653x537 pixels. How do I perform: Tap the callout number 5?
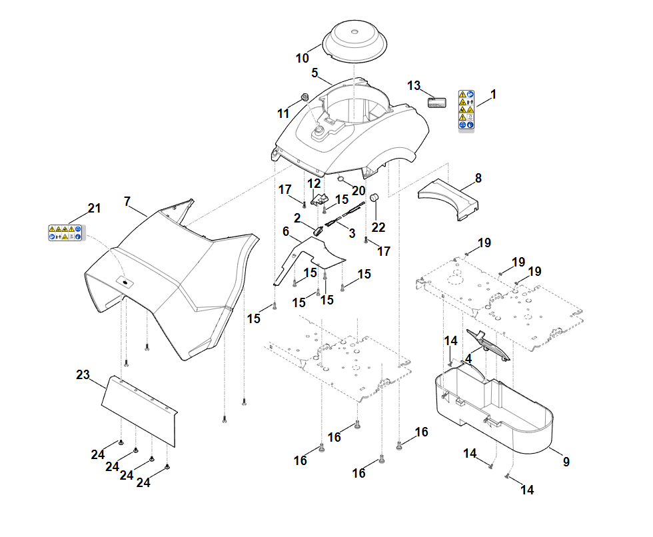[x=315, y=73]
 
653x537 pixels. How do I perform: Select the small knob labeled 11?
[x=305, y=98]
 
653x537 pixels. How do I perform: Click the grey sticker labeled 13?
[x=436, y=101]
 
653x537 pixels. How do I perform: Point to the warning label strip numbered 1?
[x=466, y=110]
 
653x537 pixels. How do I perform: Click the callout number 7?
[x=127, y=201]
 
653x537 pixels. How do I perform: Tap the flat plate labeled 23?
[x=138, y=410]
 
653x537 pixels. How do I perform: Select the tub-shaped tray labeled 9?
[x=493, y=413]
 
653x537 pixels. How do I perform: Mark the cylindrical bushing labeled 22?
[x=374, y=199]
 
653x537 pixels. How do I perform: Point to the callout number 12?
[x=314, y=183]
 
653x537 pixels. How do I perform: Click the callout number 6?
[x=286, y=231]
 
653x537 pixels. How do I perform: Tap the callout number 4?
[x=468, y=358]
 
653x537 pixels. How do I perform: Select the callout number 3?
[x=352, y=233]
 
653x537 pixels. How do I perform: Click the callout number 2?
[x=297, y=218]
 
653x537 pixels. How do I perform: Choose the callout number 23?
[x=83, y=375]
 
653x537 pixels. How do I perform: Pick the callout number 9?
[x=566, y=461]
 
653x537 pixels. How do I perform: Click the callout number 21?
[x=95, y=209]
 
